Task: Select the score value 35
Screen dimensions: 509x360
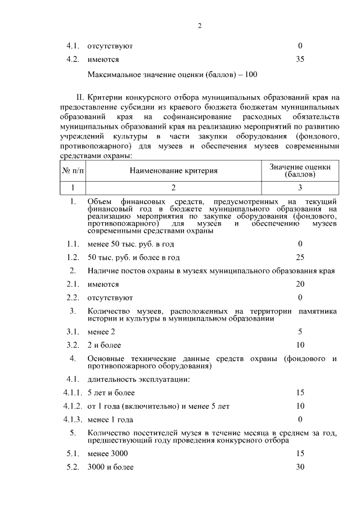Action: coord(300,58)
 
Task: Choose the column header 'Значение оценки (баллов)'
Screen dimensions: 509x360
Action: coord(300,170)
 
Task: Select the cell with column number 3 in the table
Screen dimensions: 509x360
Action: coord(300,187)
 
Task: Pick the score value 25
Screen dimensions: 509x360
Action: coord(300,258)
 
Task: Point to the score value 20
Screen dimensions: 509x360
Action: coord(300,284)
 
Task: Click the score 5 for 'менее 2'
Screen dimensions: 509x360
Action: coord(300,331)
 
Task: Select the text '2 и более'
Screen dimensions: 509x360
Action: coord(104,345)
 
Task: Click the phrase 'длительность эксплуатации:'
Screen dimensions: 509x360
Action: coord(138,379)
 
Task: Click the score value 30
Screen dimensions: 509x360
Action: coord(300,466)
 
